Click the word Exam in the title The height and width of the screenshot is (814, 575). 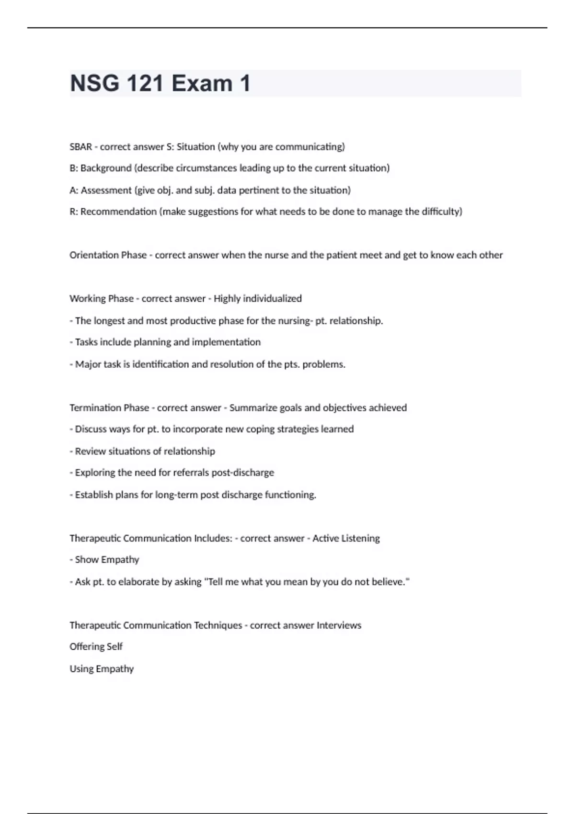pos(202,83)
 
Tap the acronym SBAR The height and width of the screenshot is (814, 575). pos(80,147)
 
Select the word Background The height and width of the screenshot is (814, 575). pos(106,168)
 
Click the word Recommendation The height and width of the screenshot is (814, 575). pos(118,212)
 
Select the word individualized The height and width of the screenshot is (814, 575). pos(272,299)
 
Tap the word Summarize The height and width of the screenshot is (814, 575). pos(253,408)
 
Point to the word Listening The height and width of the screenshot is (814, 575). pos(359,538)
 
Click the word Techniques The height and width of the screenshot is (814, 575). pos(218,625)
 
